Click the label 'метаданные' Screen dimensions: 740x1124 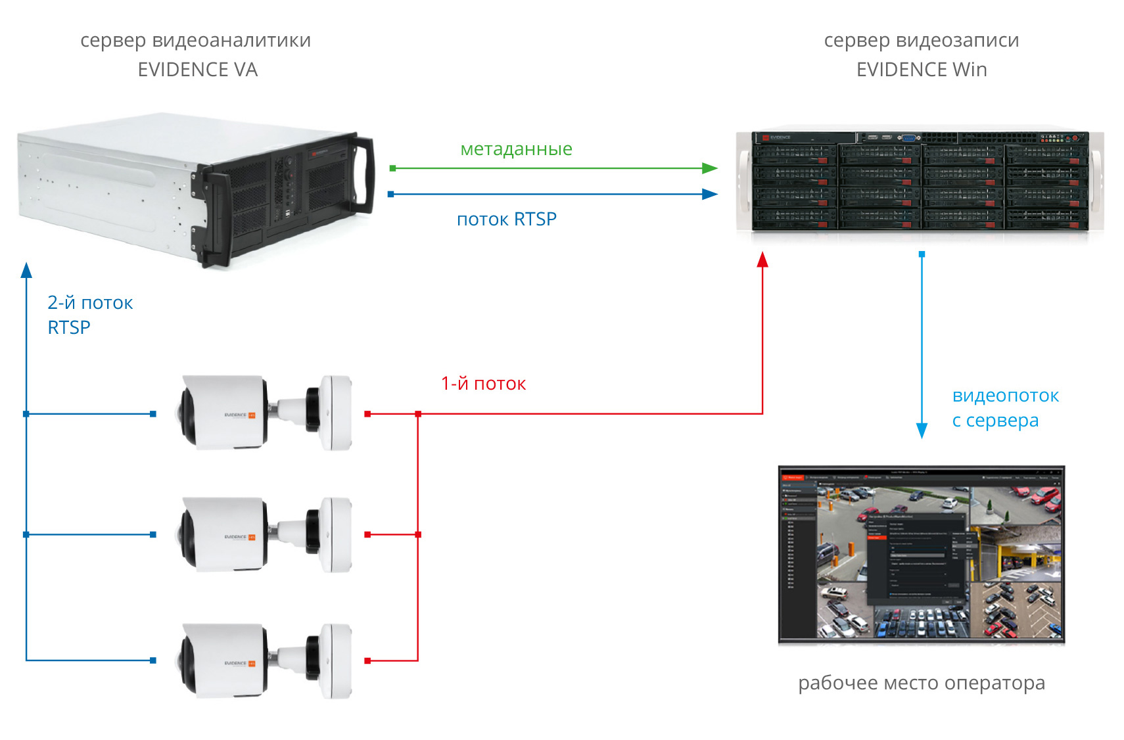pyautogui.click(x=516, y=149)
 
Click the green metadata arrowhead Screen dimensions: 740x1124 pyautogui.click(x=709, y=168)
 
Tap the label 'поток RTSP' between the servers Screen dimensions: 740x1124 pyautogui.click(x=506, y=219)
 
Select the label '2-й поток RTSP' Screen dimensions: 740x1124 pyautogui.click(x=89, y=315)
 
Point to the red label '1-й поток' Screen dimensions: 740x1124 pyautogui.click(x=483, y=384)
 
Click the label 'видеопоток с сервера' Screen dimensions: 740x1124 pyautogui.click(x=1004, y=407)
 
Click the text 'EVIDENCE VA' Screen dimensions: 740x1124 pyautogui.click(x=197, y=70)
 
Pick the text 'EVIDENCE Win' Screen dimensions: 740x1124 pyautogui.click(x=921, y=70)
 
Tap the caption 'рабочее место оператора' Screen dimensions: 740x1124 pyautogui.click(x=921, y=683)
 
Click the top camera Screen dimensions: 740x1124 pyautogui.click(x=266, y=413)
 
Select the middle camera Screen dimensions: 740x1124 pyautogui.click(x=266, y=534)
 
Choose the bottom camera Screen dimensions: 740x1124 pyautogui.click(x=266, y=660)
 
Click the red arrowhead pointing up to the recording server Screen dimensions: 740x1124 pyautogui.click(x=762, y=260)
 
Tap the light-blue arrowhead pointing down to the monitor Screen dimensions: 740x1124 pyautogui.click(x=922, y=430)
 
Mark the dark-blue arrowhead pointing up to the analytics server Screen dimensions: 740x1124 pyautogui.click(x=26, y=269)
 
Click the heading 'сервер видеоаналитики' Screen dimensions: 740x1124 pyautogui.click(x=195, y=40)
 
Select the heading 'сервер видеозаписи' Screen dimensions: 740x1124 pyautogui.click(x=921, y=40)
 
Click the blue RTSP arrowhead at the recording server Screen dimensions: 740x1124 pyautogui.click(x=709, y=194)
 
